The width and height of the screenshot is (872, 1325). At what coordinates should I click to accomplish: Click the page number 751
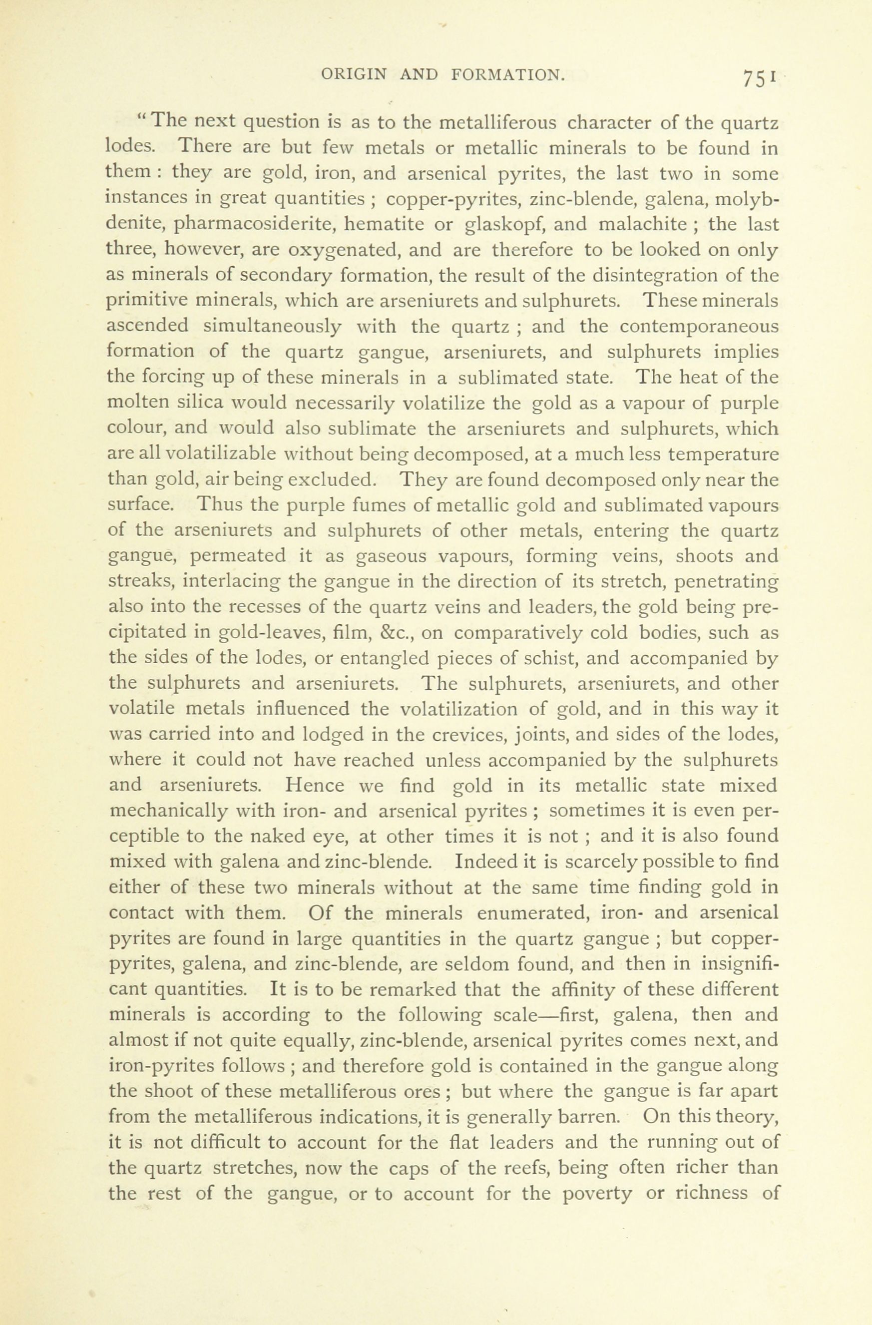[757, 77]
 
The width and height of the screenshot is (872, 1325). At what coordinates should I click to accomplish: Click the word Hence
[312, 786]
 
